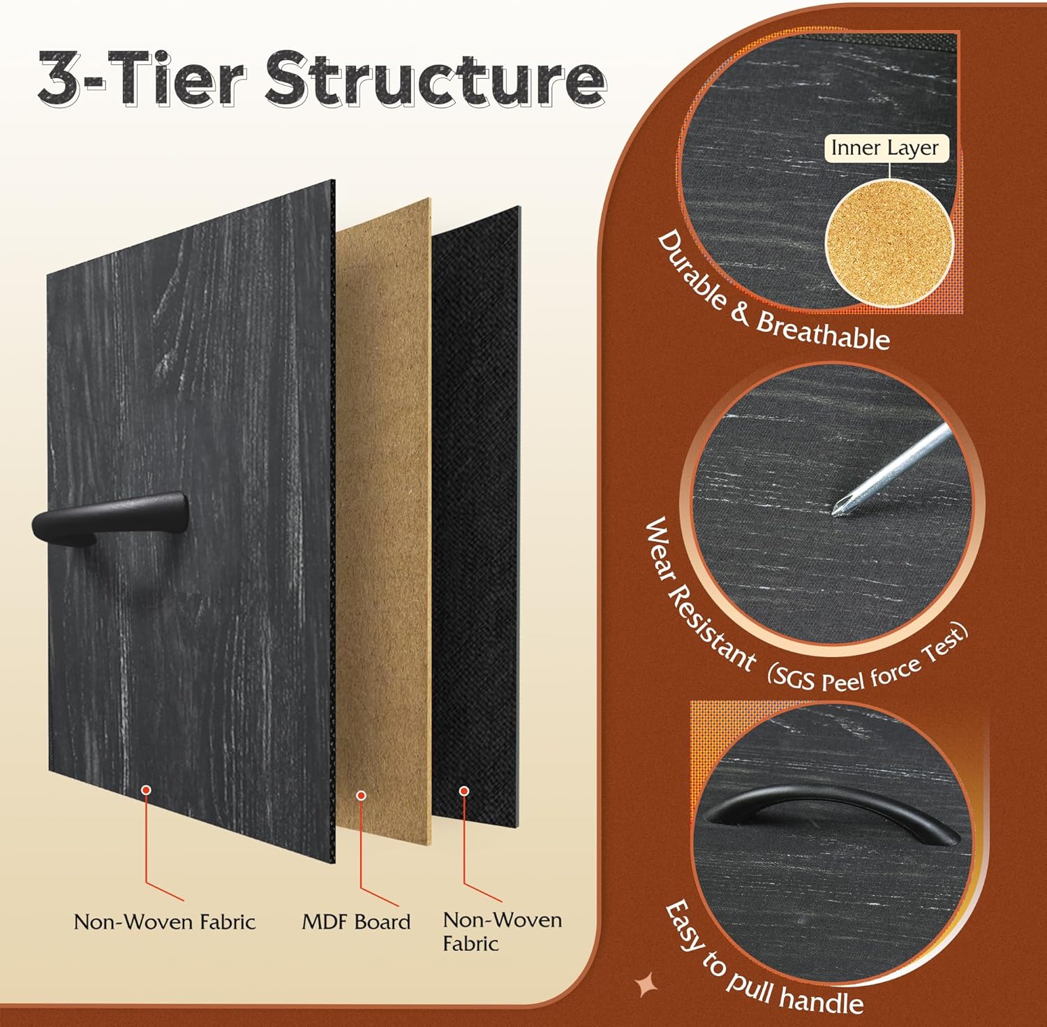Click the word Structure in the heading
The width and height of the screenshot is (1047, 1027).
tap(435, 79)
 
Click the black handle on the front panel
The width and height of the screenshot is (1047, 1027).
tap(110, 515)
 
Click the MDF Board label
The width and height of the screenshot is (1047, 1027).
tap(356, 922)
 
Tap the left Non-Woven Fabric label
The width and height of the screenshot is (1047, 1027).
tap(165, 922)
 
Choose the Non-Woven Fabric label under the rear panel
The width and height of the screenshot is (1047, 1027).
tap(502, 931)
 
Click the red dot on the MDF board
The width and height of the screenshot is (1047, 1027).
tap(361, 795)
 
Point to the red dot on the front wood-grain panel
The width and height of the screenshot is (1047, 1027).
tap(146, 790)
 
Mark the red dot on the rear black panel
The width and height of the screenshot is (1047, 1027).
tap(463, 791)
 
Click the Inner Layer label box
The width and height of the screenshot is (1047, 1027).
tap(885, 148)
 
